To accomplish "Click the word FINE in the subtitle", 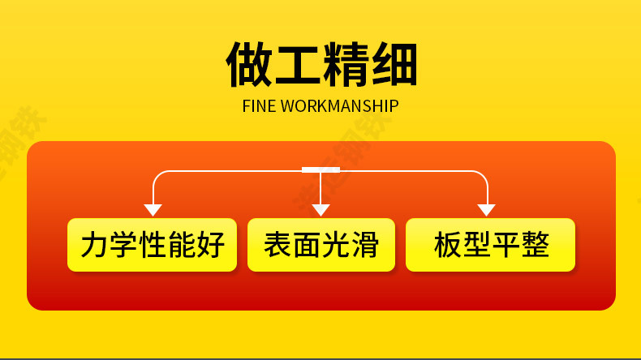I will (x=259, y=107).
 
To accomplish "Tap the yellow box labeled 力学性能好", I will (x=152, y=245).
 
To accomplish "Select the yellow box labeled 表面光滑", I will (x=320, y=245).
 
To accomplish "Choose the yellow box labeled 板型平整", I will (x=490, y=245).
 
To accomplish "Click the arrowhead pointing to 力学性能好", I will (x=153, y=210).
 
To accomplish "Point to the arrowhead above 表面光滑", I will (x=320, y=210).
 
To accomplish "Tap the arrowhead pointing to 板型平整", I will (x=487, y=210).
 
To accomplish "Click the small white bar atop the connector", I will (x=320, y=169).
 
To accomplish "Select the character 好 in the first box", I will (x=210, y=245).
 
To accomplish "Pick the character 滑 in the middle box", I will (x=364, y=245).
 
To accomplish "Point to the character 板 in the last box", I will (x=447, y=245).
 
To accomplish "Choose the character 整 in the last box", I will (x=535, y=245).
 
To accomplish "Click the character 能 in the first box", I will (x=181, y=245).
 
